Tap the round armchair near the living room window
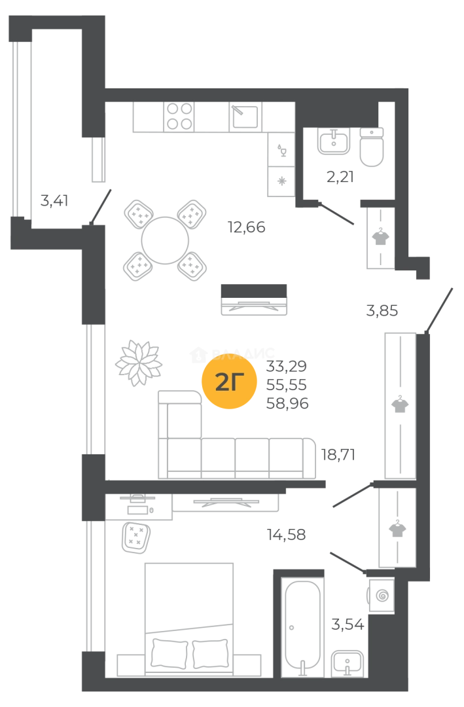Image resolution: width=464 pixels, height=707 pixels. (138, 361)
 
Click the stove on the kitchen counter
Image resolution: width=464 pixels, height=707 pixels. (180, 118)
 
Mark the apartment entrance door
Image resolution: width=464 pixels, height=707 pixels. (439, 306)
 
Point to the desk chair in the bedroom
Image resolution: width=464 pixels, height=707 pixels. (138, 532)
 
